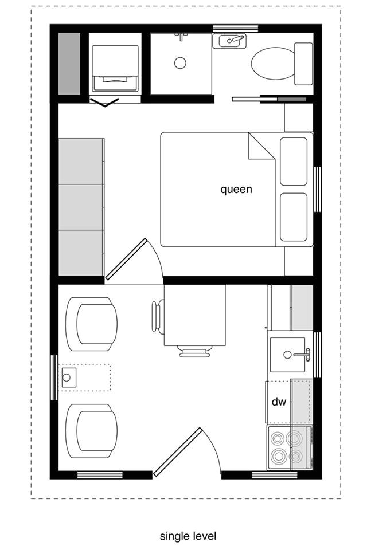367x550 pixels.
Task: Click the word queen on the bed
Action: [236, 190]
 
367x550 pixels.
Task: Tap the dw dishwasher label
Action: [278, 402]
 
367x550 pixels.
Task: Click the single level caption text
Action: [188, 536]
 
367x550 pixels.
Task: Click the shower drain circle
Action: [181, 63]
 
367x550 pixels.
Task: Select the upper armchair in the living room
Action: [92, 324]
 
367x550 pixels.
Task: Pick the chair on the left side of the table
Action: [157, 316]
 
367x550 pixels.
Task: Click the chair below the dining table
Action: [195, 351]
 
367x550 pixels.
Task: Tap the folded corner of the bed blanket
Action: [259, 148]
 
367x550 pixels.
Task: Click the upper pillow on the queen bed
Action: [294, 161]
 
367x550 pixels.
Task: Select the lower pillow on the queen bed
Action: [294, 216]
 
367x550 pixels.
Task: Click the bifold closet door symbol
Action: [105, 103]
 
